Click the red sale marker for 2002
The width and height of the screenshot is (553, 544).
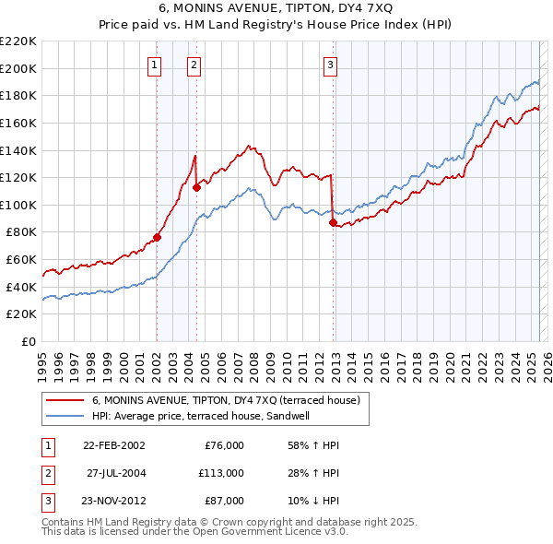click(x=157, y=237)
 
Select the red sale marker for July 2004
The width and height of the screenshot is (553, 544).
click(x=196, y=187)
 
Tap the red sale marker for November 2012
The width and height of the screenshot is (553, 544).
click(x=333, y=222)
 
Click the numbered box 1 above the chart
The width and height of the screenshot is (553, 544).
click(x=153, y=65)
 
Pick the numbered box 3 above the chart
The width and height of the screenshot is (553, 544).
click(x=330, y=65)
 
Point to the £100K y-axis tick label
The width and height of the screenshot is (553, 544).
click(x=18, y=205)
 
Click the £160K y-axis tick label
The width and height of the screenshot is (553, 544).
click(x=18, y=123)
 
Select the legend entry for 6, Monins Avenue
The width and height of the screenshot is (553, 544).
click(x=230, y=400)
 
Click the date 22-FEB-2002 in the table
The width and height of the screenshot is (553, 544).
click(x=113, y=445)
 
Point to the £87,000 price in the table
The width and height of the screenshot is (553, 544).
click(x=220, y=501)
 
